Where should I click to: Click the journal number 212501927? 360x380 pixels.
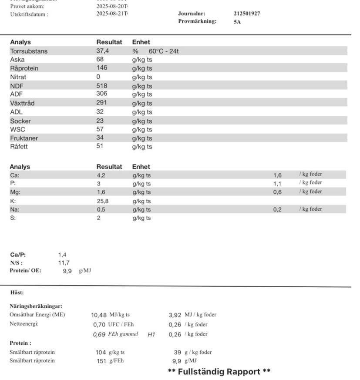pos(247,13)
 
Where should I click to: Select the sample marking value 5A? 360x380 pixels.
pos(237,22)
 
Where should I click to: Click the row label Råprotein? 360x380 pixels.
pos(24,68)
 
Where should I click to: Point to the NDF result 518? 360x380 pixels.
pos(101,86)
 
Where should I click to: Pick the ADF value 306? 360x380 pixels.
pos(101,94)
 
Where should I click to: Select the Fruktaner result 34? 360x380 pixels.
pos(100,138)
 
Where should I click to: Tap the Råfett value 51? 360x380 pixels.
pos(99,146)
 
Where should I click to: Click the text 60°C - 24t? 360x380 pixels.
pos(164,51)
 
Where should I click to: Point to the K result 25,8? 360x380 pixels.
pos(102,201)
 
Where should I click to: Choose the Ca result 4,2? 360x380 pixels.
pos(101,175)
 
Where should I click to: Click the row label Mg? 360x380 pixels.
pos(15,192)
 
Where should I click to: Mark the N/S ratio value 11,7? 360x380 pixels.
pos(64,262)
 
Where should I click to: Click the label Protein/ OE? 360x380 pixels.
pos(25,271)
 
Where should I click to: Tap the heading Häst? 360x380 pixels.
pos(17,293)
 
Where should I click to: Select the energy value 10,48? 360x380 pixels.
pos(99,315)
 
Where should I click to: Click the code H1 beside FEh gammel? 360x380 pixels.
pos(151,334)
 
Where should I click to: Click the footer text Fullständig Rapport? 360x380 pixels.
pos(219,372)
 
